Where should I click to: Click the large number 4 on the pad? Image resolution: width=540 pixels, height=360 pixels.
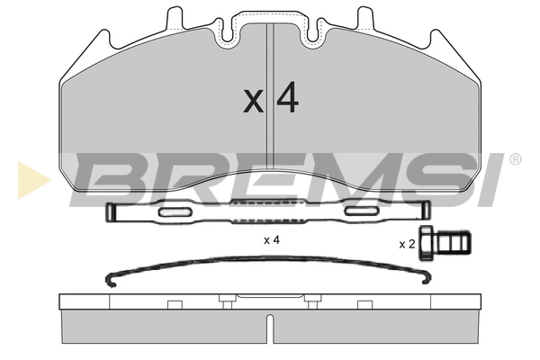coord(288,97)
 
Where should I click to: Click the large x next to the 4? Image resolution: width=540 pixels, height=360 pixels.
coord(253,102)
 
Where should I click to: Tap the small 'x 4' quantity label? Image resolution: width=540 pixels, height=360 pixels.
coord(272,240)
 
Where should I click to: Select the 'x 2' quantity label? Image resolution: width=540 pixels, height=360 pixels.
coord(407,244)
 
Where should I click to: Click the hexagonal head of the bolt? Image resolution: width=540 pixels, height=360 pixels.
coord(426,243)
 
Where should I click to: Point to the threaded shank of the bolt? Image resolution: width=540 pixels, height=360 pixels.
coord(452,243)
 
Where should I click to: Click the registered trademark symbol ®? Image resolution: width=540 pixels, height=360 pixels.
coord(515,159)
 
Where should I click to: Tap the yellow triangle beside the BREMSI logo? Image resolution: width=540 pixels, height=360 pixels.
coord(32,180)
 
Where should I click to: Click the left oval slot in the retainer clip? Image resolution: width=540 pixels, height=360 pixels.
coord(175,212)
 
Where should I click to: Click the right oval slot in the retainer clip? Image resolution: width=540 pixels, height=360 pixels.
coord(362,211)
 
